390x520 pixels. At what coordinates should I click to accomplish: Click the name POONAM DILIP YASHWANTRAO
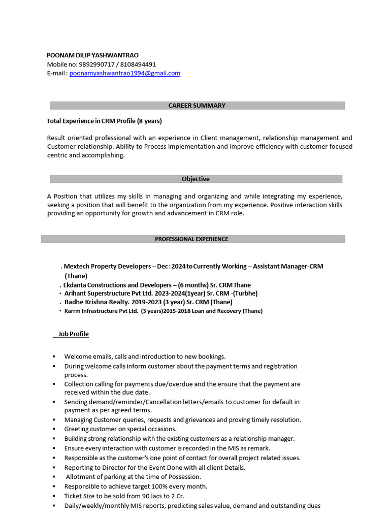(92, 55)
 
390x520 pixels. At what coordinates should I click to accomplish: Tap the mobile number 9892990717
(96, 64)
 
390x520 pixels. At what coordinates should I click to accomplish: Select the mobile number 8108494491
(139, 64)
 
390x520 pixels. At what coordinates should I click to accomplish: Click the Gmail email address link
(125, 73)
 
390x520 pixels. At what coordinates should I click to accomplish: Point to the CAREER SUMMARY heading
(197, 106)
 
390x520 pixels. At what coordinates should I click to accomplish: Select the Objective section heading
(196, 179)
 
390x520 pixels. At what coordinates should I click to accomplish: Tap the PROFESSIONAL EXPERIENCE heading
(191, 239)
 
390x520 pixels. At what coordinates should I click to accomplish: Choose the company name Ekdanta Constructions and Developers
(119, 285)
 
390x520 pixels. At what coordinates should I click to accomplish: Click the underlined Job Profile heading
(73, 334)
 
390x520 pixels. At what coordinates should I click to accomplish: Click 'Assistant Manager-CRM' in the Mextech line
(288, 266)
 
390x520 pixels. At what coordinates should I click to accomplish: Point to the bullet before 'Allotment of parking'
(53, 477)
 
